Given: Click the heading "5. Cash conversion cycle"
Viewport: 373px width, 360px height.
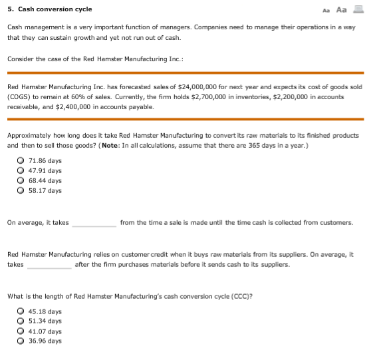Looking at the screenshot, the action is (x=50, y=9).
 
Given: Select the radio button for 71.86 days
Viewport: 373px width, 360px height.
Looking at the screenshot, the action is (x=22, y=160).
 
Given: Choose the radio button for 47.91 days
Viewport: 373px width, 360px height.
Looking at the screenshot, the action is (x=22, y=170).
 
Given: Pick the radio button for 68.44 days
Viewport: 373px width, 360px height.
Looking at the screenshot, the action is (x=22, y=180).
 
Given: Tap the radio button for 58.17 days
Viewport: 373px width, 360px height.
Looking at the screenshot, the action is (x=22, y=190).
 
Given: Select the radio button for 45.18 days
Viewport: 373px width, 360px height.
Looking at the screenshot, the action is (x=22, y=311).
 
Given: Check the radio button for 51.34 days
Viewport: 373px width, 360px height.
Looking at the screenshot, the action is (x=22, y=321).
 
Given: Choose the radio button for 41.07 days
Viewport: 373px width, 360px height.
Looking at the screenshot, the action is (x=22, y=331).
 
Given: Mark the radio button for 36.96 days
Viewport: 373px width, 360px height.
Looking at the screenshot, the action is (x=22, y=341).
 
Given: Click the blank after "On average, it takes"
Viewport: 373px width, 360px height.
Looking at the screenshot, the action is (x=94, y=223).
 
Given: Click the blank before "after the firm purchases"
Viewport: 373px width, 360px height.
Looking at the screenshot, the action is (x=49, y=264).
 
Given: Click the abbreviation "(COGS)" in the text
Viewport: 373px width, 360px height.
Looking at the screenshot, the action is (x=19, y=96).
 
